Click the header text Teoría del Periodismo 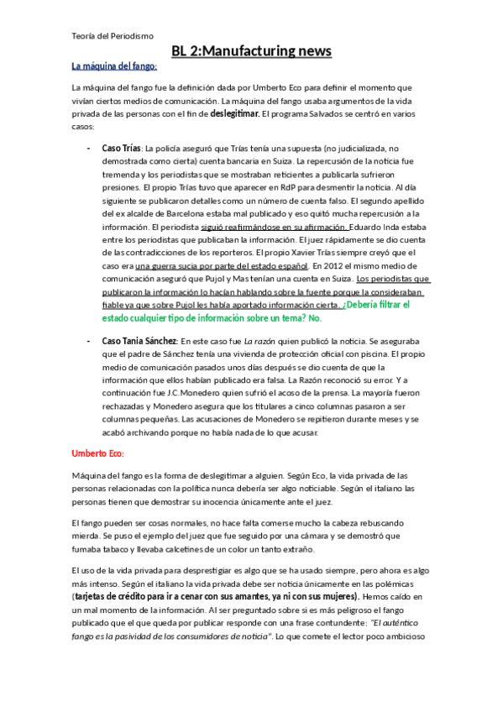112,35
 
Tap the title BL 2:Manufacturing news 251,52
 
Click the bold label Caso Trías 121,148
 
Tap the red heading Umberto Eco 97,453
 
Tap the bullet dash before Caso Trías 90,148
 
